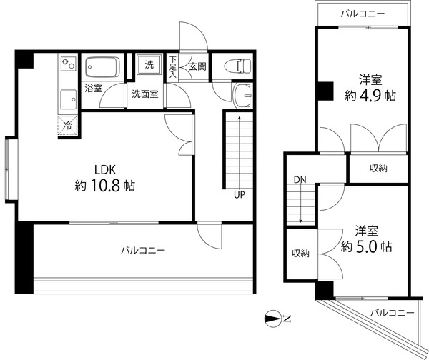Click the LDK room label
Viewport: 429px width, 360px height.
pos(106,170)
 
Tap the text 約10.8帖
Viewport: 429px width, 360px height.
pos(106,186)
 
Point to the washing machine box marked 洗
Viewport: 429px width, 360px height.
pos(149,65)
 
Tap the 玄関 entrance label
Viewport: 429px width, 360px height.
pos(197,67)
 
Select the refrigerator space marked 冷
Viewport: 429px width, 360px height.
pos(66,124)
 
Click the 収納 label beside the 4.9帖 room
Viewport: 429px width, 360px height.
pos(378,169)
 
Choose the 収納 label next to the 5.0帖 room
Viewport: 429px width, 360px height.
pos(300,253)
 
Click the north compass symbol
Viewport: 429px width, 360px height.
pos(273,319)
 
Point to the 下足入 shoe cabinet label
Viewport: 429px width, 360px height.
pos(173,67)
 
